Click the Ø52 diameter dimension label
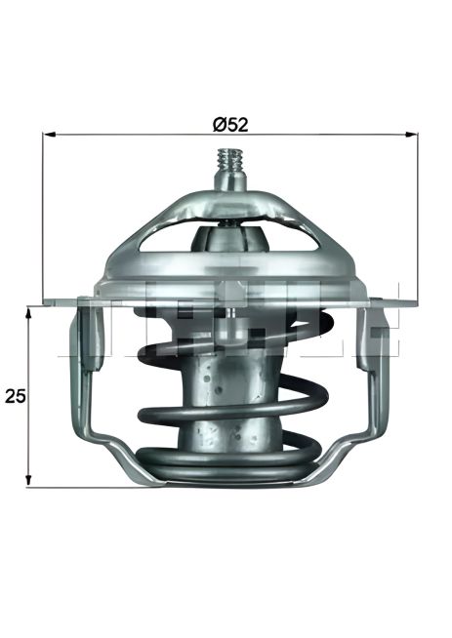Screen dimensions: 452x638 [x=230, y=125]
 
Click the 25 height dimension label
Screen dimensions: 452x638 [x=15, y=396]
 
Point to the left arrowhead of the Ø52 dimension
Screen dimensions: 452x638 [x=49, y=134]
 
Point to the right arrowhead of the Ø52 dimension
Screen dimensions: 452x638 [x=411, y=134]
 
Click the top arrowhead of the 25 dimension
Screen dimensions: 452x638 [x=28, y=313]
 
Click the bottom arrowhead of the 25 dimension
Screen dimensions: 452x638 [x=28, y=480]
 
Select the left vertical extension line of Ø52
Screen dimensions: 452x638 [x=43, y=217]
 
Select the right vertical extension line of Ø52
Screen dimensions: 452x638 [x=418, y=217]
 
